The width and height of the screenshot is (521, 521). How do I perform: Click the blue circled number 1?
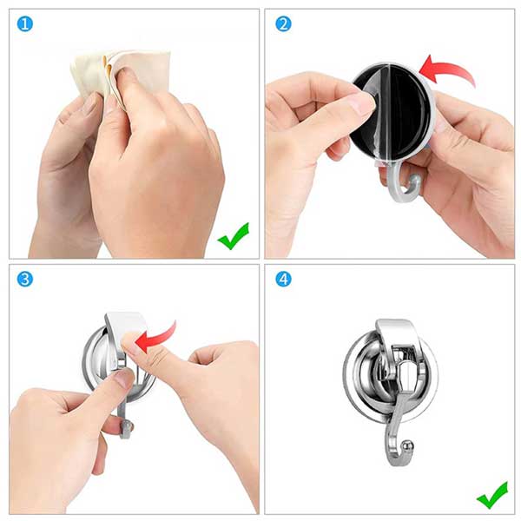pos(25,24)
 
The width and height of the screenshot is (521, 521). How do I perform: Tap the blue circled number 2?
pos(283,24)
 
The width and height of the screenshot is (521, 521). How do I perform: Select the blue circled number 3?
pos(25,279)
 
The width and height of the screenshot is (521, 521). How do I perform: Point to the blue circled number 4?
pos(283,279)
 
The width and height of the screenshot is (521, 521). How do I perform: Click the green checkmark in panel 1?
pos(234,236)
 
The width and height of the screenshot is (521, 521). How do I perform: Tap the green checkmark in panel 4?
pos(492,496)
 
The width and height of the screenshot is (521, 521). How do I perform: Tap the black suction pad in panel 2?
pos(392,113)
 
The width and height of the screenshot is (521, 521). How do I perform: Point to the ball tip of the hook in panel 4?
pos(407,445)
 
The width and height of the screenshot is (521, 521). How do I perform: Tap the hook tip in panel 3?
pos(127,429)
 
